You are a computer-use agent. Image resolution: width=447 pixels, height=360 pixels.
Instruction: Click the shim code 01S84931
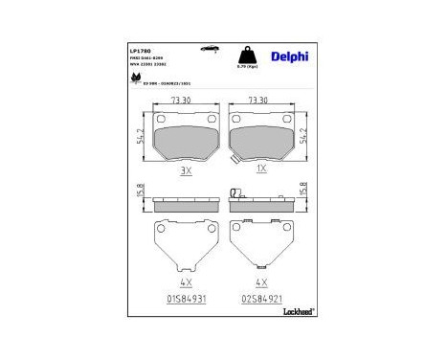185,298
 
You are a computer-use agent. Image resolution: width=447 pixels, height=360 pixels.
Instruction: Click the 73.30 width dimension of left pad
186,100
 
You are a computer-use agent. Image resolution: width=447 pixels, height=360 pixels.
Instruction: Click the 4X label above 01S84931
186,283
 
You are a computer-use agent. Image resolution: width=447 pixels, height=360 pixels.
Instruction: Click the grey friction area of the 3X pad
186,135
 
